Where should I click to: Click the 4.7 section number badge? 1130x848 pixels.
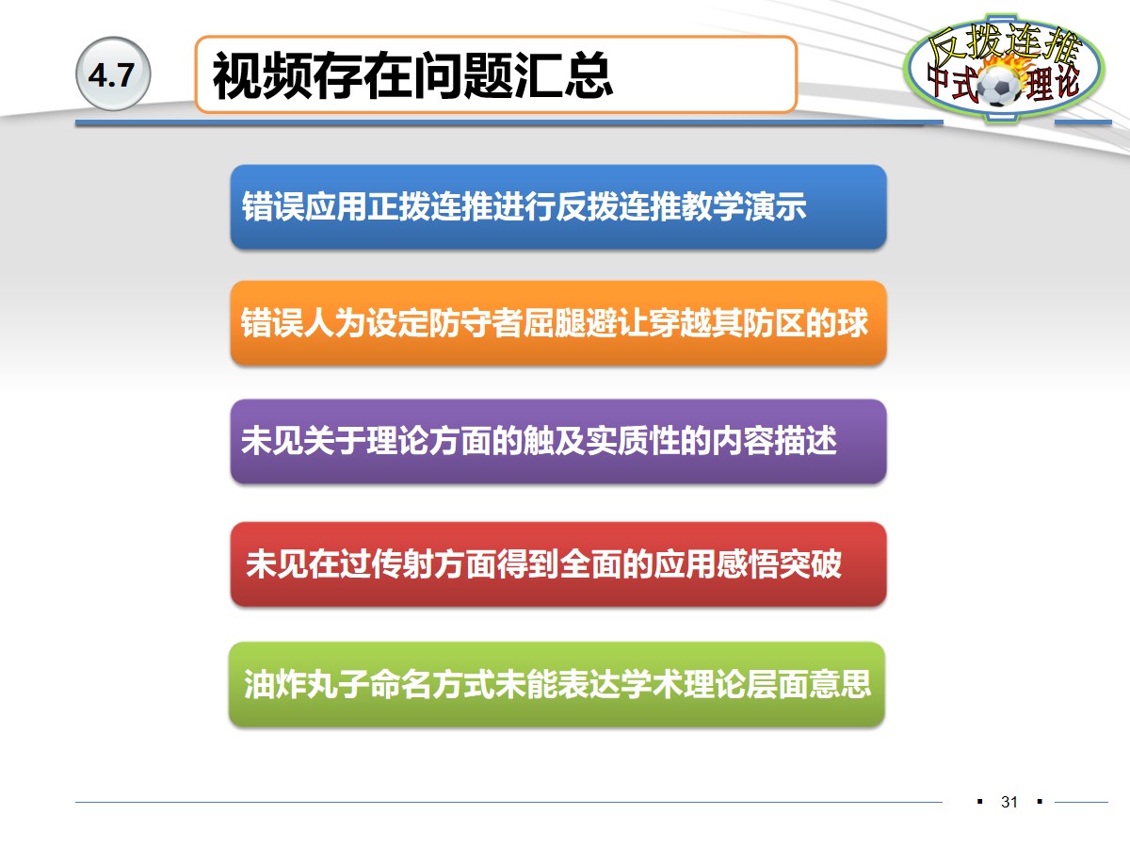[x=112, y=76]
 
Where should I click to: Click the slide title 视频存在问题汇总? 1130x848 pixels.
[x=412, y=76]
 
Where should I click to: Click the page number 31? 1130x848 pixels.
[x=1009, y=803]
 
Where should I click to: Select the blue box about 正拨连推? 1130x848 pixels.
[x=557, y=206]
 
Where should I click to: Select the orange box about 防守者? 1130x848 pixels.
[x=557, y=323]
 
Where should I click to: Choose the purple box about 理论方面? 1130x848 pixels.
[x=557, y=441]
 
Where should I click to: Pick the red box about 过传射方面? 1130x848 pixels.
[x=557, y=563]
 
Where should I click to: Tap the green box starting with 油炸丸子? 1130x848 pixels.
[x=557, y=683]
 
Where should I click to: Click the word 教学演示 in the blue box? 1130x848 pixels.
[x=744, y=206]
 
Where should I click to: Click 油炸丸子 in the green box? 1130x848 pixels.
[x=305, y=683]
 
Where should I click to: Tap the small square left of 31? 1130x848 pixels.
[x=980, y=802]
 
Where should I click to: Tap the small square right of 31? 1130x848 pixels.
[x=1040, y=802]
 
